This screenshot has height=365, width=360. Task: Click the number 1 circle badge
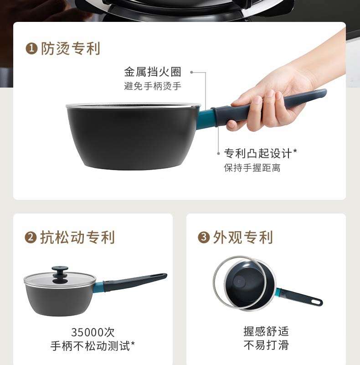31,49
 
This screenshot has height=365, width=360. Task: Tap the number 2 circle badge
31,238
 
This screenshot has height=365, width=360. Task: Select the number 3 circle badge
204,238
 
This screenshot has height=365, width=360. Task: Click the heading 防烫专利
71,49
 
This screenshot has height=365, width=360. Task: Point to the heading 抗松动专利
77,237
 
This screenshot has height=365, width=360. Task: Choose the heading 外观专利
243,237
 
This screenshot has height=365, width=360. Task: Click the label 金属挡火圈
153,72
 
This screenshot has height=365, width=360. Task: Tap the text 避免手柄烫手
153,86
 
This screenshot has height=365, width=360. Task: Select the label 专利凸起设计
258,153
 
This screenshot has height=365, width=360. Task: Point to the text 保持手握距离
252,167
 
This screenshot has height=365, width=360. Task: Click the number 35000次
93,332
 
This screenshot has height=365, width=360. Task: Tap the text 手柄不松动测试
91,346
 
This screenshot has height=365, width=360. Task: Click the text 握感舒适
266,331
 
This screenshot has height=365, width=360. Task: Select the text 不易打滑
266,345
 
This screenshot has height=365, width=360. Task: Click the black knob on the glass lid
60,275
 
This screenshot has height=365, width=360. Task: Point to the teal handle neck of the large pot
204,119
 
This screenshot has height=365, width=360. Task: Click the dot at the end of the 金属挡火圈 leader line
192,72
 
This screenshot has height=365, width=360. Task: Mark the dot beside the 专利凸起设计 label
218,153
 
